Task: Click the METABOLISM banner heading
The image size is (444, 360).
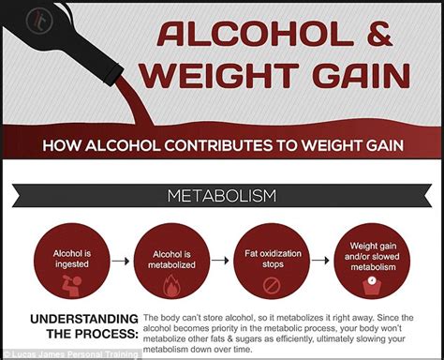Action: pyautogui.click(x=221, y=196)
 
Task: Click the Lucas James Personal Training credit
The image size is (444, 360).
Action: pyautogui.click(x=71, y=353)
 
